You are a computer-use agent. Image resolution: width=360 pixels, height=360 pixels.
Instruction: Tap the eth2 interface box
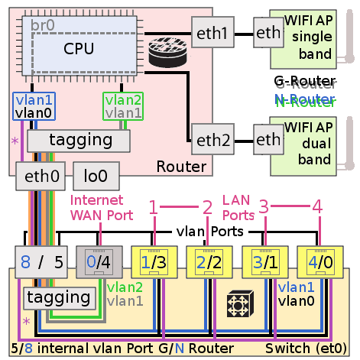pos(212,140)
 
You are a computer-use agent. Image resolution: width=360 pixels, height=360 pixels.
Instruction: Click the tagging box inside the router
pos(80,141)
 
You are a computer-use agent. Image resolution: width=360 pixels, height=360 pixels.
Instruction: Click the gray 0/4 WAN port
pos(97,262)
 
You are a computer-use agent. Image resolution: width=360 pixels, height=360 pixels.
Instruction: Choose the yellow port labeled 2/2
pos(207,262)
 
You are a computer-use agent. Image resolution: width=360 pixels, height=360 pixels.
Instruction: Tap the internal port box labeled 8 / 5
pos(43,262)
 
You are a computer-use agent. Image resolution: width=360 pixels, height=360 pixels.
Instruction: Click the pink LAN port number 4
pos(317,207)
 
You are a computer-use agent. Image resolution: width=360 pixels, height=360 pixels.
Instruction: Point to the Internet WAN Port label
pos(96,207)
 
